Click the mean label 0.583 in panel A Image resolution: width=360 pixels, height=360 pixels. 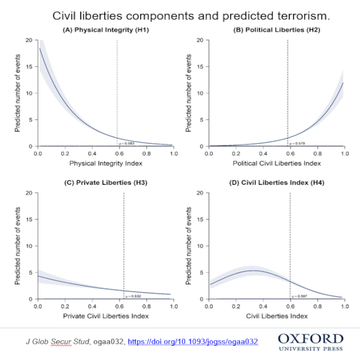(x=127, y=144)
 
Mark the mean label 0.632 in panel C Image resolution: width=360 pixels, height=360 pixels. (x=133, y=296)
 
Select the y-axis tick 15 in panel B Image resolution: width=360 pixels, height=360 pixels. (x=200, y=67)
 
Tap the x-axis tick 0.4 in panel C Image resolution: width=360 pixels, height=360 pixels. (x=92, y=307)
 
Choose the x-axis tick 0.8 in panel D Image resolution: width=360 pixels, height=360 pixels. (x=318, y=307)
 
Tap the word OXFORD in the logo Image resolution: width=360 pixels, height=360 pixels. (x=311, y=340)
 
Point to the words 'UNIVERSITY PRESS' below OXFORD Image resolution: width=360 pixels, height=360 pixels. (x=311, y=349)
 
